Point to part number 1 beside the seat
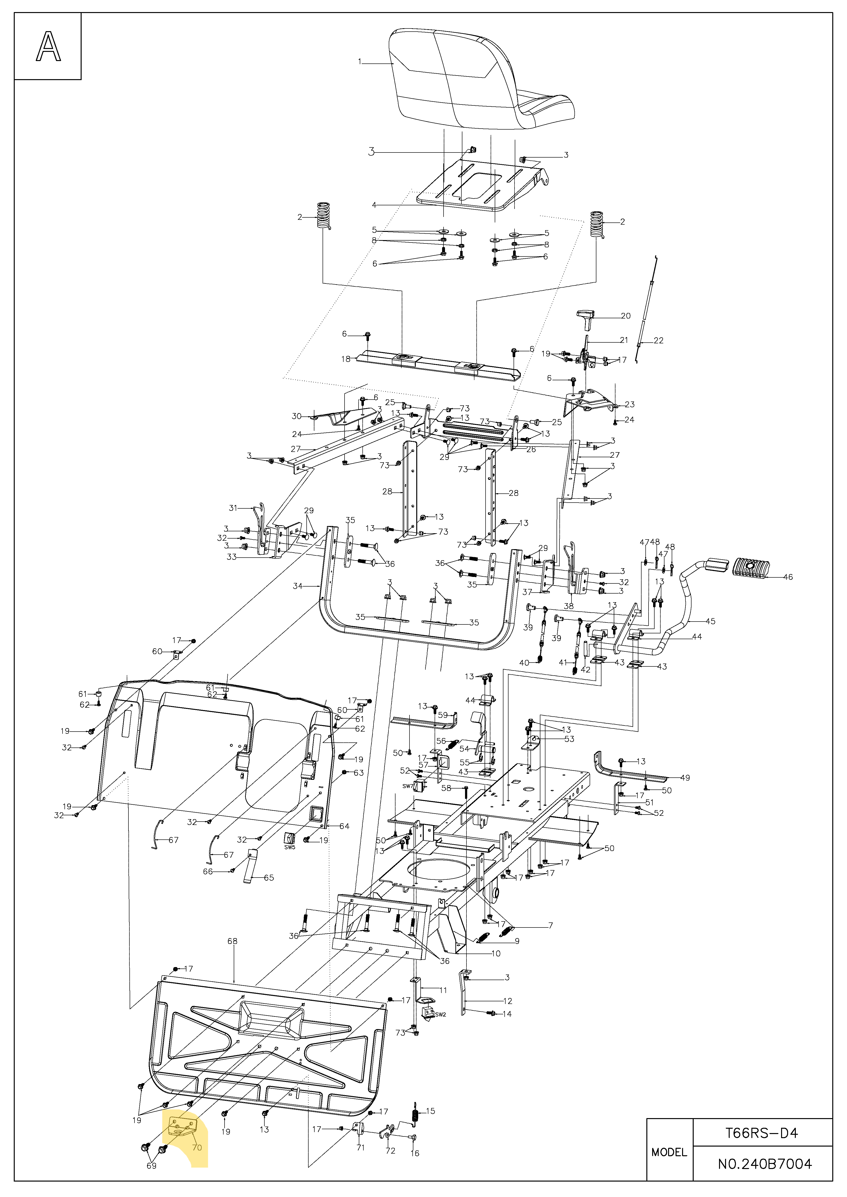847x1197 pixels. [x=359, y=62]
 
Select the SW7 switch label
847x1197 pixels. [x=408, y=786]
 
